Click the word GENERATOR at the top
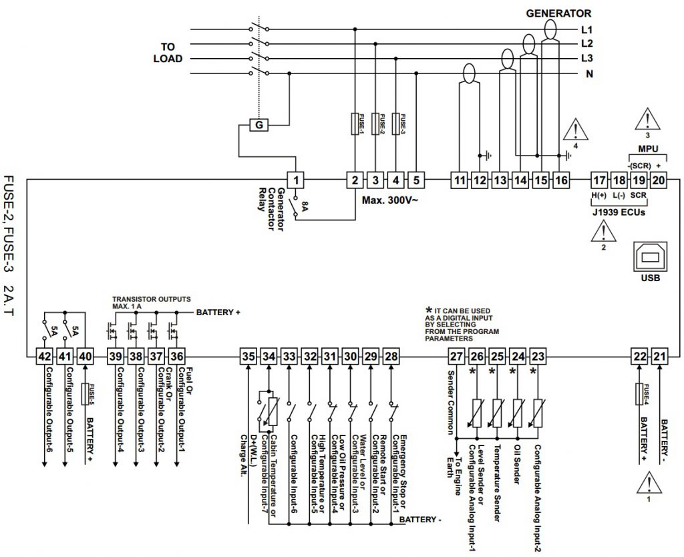click(558, 13)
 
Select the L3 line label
click(588, 59)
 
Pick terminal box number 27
click(456, 357)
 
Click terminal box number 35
click(248, 357)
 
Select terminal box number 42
click(44, 357)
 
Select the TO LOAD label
click(163, 52)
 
